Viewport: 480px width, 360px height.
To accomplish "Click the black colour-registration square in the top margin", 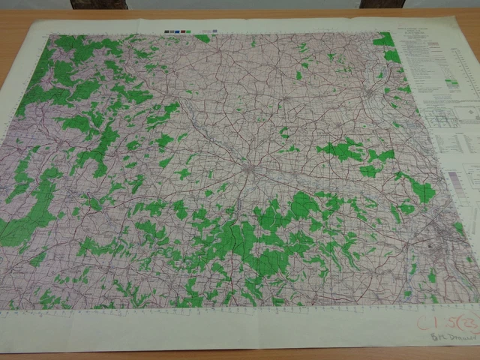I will (x=166, y=32).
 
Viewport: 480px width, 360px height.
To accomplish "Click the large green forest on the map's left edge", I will (x=19, y=225).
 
